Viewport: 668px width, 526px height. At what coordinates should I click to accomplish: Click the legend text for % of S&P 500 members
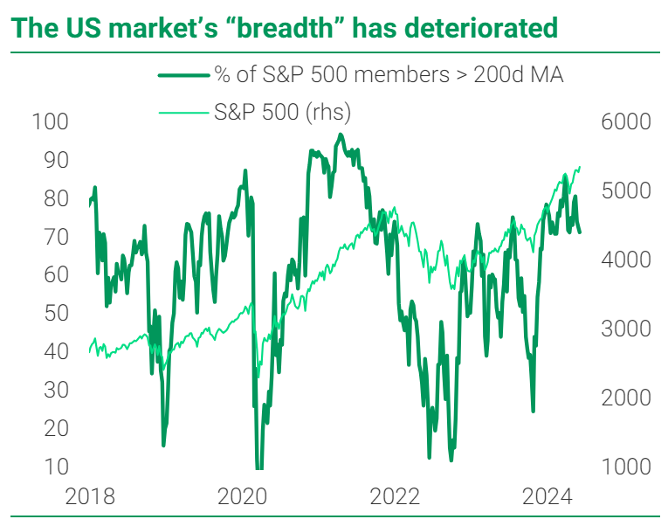point(389,75)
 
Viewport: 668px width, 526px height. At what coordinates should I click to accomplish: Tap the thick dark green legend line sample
point(184,76)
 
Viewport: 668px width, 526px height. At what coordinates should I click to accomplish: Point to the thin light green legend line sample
point(184,113)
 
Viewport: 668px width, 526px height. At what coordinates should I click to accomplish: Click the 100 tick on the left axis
point(49,121)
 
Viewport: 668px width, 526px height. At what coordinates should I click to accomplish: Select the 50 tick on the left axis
point(55,313)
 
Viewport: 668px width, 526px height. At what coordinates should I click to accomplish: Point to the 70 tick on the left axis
point(55,237)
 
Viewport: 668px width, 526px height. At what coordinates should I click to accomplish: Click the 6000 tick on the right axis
point(626,121)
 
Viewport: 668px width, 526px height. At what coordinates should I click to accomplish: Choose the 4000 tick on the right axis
point(626,260)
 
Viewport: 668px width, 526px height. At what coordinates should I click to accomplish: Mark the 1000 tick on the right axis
point(626,467)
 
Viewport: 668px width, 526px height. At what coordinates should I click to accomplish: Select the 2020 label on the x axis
point(243,497)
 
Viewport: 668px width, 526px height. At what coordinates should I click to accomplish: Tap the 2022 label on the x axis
point(396,497)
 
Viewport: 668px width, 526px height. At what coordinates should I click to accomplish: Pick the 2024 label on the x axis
point(547,497)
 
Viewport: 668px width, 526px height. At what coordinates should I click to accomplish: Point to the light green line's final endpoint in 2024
point(581,167)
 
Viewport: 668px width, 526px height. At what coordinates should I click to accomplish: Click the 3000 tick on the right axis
point(626,329)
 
